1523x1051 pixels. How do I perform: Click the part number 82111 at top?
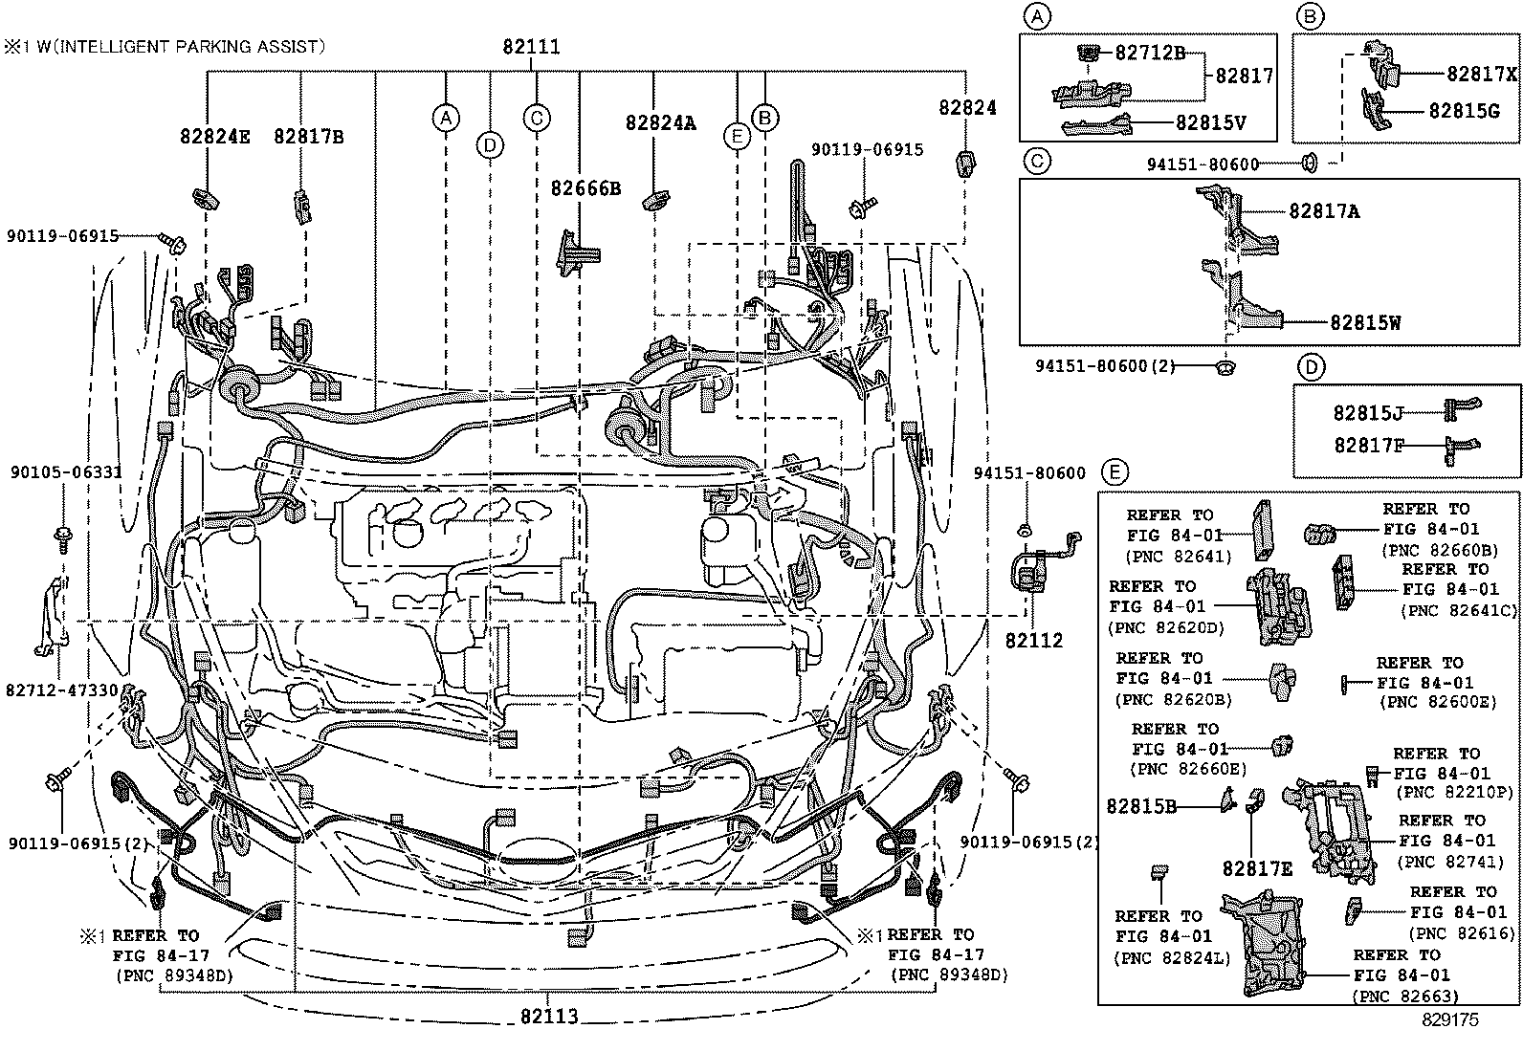coord(531,47)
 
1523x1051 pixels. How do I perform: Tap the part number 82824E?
coord(214,136)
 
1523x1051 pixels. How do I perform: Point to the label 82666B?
coord(585,188)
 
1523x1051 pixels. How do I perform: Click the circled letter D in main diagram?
coord(490,145)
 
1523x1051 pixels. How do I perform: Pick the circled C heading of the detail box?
coord(1037,160)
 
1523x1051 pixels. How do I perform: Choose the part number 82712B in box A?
coord(1149,54)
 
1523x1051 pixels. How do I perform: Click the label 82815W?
coord(1364,322)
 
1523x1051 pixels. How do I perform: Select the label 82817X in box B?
coord(1481,75)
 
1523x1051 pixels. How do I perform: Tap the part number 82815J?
coord(1368,413)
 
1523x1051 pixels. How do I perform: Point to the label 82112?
coord(1033,640)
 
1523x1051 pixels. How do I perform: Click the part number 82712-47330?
coord(61,690)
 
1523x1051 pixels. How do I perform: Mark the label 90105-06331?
coord(66,471)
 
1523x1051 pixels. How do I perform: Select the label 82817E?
coord(1256,868)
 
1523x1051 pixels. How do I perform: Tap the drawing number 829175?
coord(1449,1019)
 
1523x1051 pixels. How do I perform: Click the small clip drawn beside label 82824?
coord(964,164)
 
